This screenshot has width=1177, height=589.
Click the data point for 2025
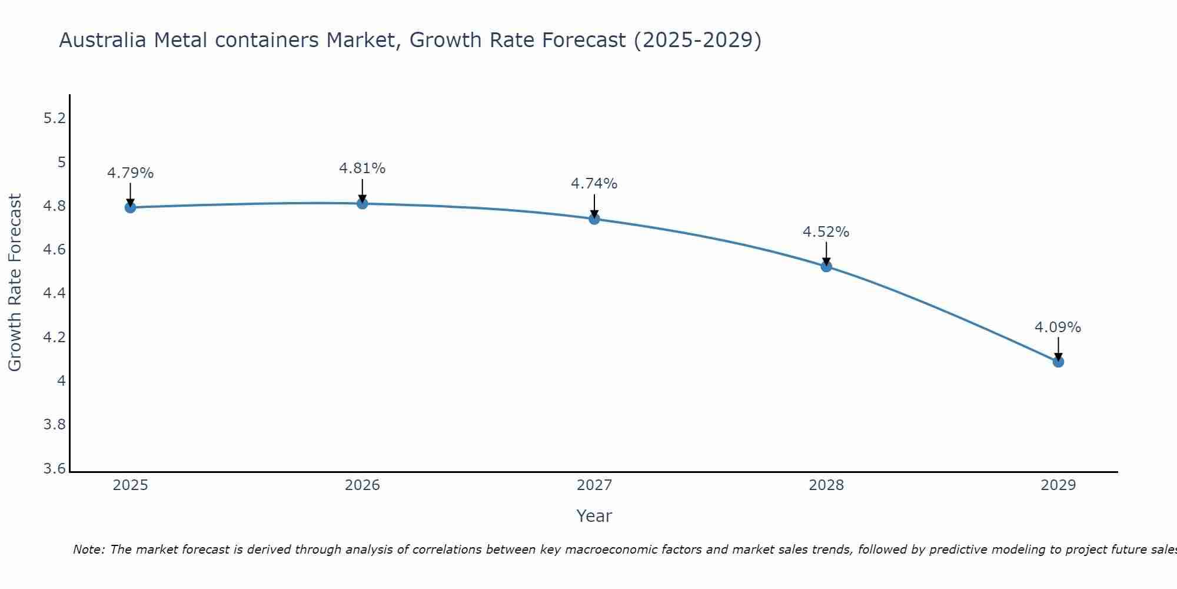(x=131, y=207)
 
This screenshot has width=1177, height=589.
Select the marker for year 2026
(x=363, y=203)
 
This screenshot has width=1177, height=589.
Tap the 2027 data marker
(x=594, y=219)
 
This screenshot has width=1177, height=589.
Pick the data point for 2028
(x=826, y=266)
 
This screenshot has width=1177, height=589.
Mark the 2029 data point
(x=1058, y=362)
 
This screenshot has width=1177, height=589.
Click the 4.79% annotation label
(x=131, y=173)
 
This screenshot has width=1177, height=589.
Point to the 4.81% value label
(x=363, y=168)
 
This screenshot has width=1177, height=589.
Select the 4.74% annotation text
(x=594, y=184)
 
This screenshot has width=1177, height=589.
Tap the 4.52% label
(x=826, y=232)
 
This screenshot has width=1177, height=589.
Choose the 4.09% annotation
(x=1058, y=327)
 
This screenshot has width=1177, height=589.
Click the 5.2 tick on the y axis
(x=55, y=118)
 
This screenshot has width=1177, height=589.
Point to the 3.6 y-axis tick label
(x=55, y=469)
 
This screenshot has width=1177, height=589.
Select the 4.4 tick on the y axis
(x=55, y=293)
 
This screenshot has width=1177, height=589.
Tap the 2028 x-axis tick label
(x=826, y=485)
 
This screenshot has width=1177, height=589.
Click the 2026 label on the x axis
(x=363, y=485)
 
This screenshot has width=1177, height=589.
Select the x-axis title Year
(x=594, y=516)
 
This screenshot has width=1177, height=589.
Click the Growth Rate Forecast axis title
(x=15, y=282)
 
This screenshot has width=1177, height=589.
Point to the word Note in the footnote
(x=88, y=550)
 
